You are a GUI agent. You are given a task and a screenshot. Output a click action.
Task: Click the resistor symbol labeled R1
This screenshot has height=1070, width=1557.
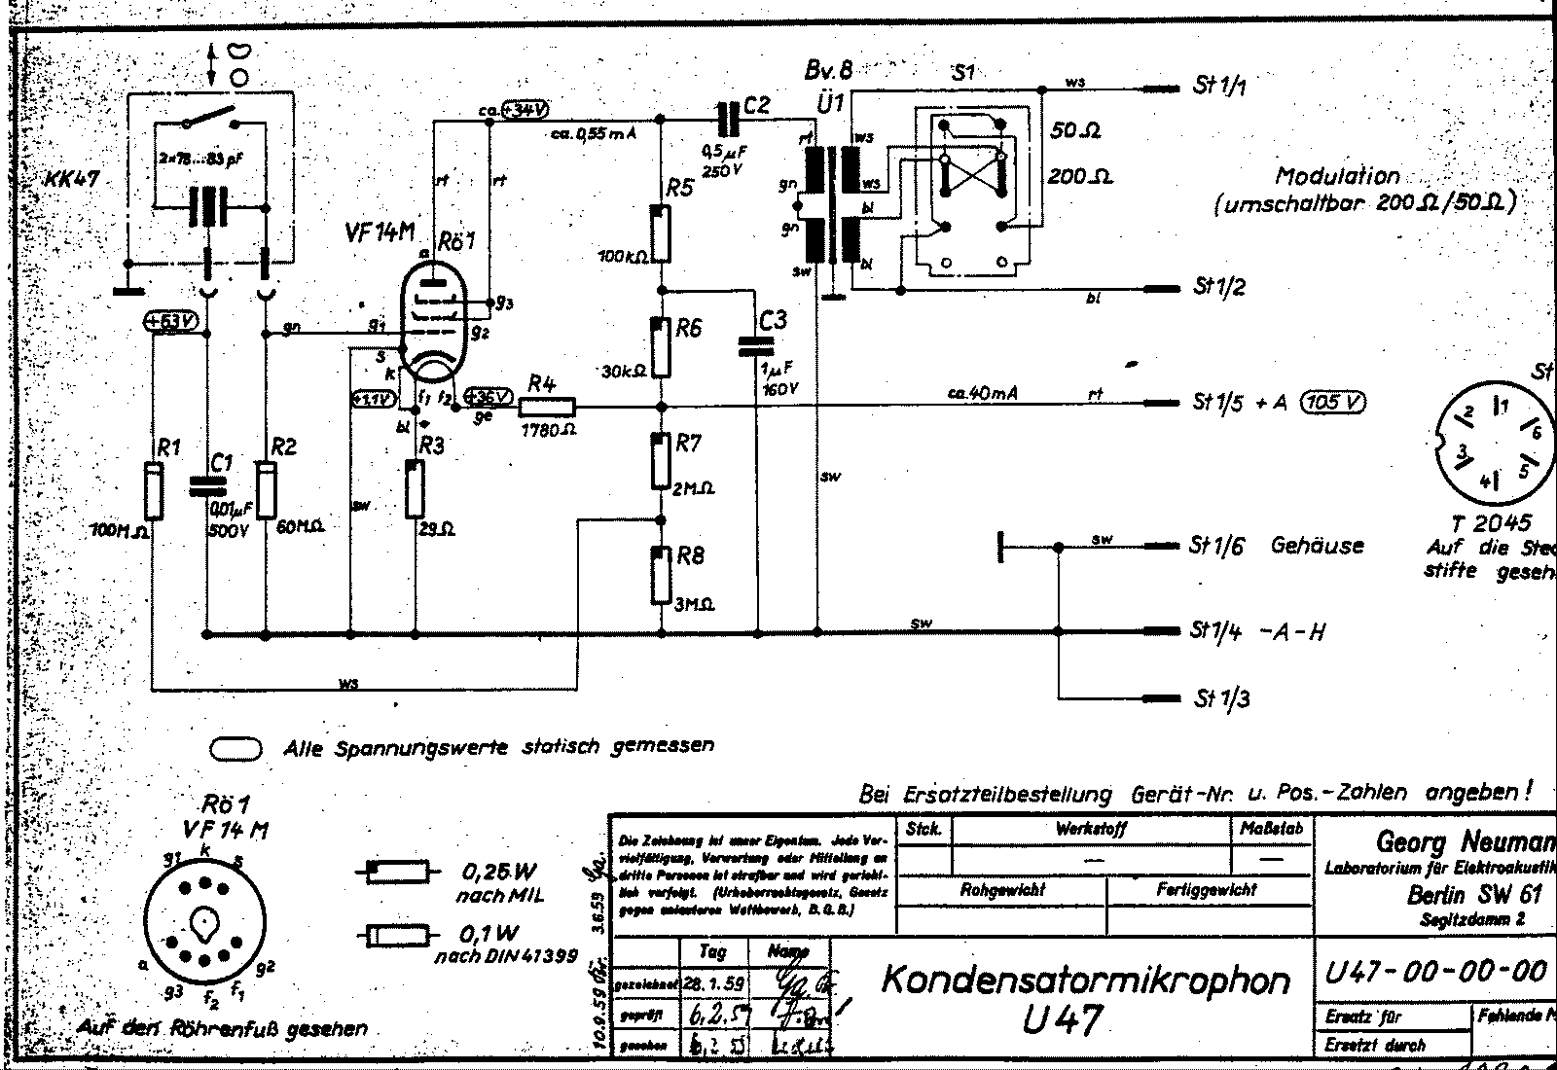point(152,492)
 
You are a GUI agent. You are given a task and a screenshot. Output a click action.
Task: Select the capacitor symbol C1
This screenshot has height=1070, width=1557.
point(205,487)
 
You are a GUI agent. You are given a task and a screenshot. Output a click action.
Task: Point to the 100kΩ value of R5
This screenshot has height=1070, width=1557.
point(624,255)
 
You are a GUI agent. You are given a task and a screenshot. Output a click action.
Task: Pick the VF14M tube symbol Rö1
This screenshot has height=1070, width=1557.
point(433,315)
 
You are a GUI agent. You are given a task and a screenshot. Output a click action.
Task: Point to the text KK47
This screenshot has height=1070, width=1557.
point(73,180)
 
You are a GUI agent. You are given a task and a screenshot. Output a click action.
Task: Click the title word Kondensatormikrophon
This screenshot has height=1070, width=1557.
point(1085,980)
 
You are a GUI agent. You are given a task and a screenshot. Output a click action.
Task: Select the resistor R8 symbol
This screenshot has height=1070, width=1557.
point(662,575)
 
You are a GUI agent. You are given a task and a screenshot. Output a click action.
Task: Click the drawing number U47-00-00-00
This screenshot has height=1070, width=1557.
point(1435,971)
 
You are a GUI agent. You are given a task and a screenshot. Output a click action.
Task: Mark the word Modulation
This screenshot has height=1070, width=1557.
point(1337,177)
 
